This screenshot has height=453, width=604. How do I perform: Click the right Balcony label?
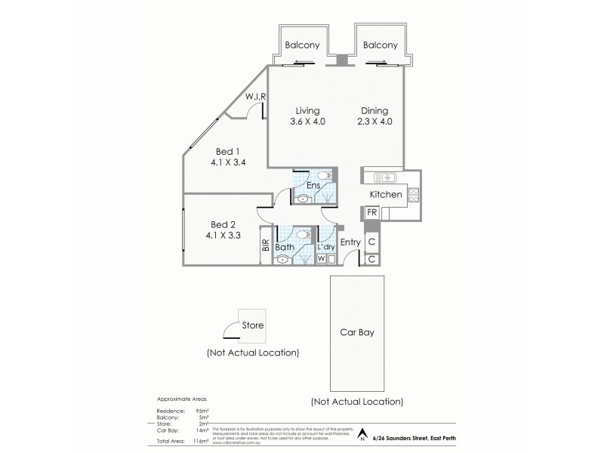click(x=380, y=45)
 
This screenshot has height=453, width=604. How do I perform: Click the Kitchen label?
click(x=385, y=196)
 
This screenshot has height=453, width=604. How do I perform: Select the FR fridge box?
click(x=371, y=213)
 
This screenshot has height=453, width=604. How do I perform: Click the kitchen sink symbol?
click(x=385, y=178)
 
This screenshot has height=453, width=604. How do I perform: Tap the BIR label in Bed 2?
click(x=266, y=245)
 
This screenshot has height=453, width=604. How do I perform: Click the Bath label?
click(x=285, y=247)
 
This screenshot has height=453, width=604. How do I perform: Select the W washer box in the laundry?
click(x=322, y=259)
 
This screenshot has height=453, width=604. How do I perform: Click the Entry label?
click(x=350, y=242)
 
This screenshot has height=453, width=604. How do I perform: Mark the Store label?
click(x=252, y=326)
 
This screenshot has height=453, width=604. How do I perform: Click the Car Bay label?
click(x=357, y=331)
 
